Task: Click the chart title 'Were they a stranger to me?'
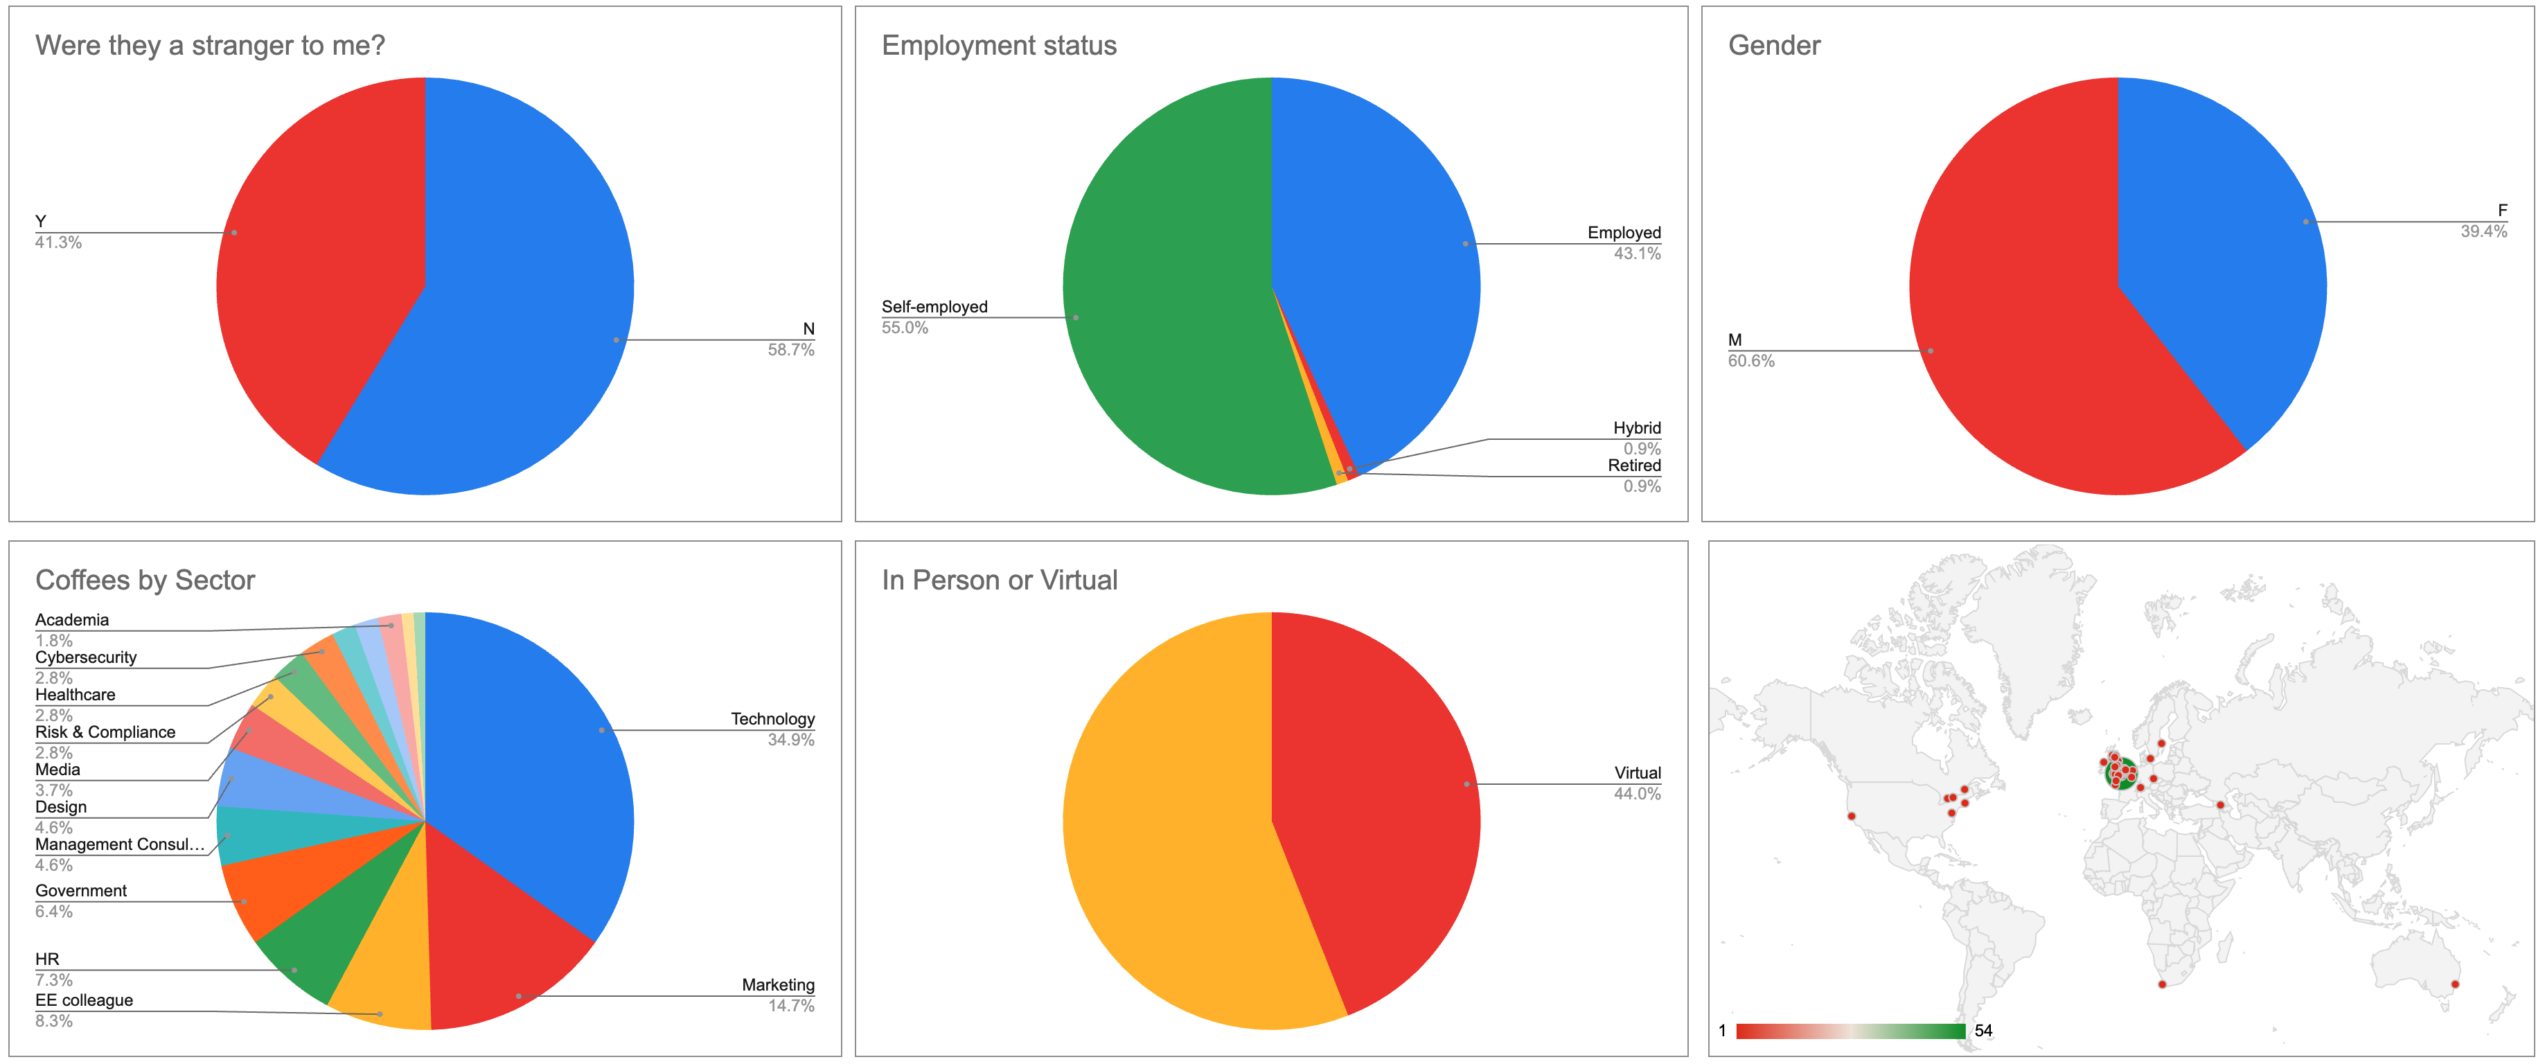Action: coord(209,46)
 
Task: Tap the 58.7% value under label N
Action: coord(790,350)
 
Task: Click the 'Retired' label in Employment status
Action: coord(1634,465)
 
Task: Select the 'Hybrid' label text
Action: coord(1636,428)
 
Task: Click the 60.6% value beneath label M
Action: coord(1750,362)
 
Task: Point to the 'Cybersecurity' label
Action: coord(86,657)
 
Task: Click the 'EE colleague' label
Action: coord(84,1000)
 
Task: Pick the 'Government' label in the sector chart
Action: coord(81,890)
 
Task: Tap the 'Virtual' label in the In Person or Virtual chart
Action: coord(1637,772)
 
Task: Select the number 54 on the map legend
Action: coord(1983,1031)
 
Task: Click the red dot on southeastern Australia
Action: coord(2455,984)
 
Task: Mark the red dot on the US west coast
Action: coord(1852,816)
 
